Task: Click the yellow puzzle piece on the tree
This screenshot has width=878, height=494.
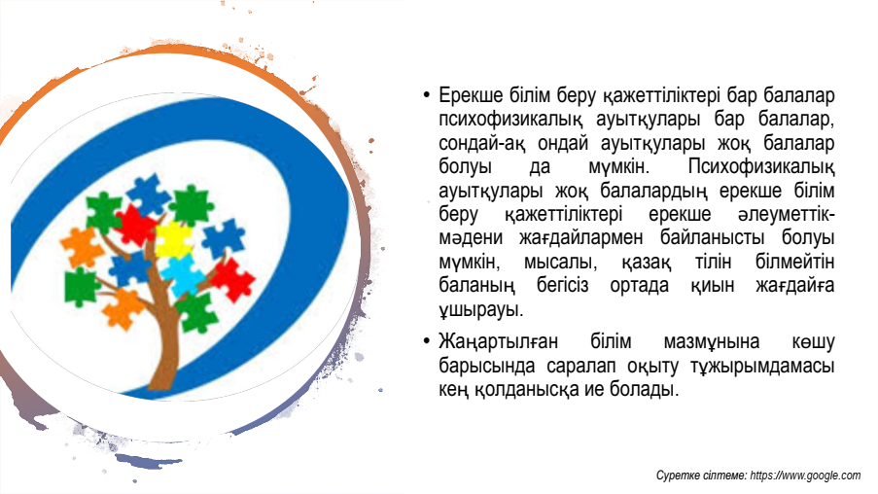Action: pos(173,239)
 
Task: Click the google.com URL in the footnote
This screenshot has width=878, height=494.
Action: pos(805,476)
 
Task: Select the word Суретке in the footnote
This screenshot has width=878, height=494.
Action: pos(678,476)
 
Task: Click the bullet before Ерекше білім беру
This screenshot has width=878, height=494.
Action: pos(427,95)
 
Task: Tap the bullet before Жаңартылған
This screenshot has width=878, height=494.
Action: pos(427,341)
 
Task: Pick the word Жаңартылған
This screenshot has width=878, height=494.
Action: pos(499,341)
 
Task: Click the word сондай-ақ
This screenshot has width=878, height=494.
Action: pos(482,143)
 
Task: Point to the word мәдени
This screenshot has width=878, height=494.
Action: pos(471,237)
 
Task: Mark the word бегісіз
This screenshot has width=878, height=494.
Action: pos(562,285)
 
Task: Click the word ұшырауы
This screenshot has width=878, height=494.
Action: pos(481,309)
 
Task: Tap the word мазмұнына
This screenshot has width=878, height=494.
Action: pos(712,341)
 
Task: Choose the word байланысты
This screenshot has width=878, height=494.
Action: pos(713,237)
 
